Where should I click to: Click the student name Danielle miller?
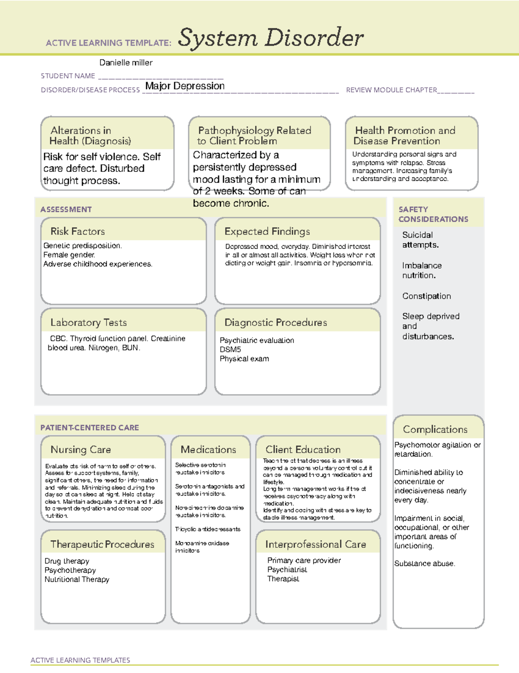[126, 63]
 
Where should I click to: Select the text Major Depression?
[185, 86]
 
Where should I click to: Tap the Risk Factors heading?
[77, 231]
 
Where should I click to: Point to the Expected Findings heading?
[267, 231]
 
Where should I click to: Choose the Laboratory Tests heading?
[88, 322]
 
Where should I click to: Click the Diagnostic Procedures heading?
[276, 322]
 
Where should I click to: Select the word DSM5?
[230, 349]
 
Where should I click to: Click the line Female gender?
[69, 255]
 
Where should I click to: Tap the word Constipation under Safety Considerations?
[426, 296]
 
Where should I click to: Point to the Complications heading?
[435, 429]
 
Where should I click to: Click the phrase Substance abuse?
[424, 563]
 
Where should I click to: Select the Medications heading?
[208, 450]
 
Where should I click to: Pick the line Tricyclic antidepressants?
[208, 529]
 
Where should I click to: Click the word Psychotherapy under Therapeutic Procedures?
[70, 570]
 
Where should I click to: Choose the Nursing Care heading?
[80, 450]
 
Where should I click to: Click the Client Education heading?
[303, 450]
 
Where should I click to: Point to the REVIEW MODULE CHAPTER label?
[391, 90]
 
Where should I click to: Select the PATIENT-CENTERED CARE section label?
[90, 427]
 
